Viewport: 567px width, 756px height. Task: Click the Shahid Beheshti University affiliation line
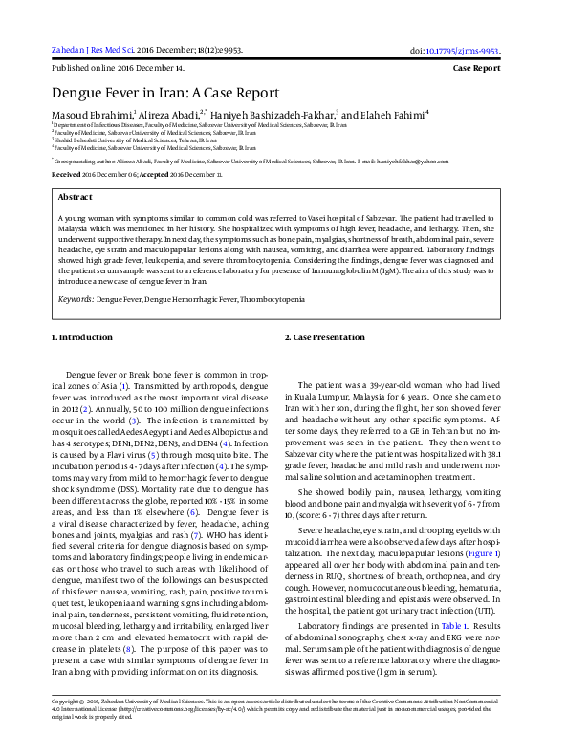135,140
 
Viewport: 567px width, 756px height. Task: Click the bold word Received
66,176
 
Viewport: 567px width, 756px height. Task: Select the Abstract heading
76,196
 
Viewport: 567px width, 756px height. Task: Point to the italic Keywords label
75,299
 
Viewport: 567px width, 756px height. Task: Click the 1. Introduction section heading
81,338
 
